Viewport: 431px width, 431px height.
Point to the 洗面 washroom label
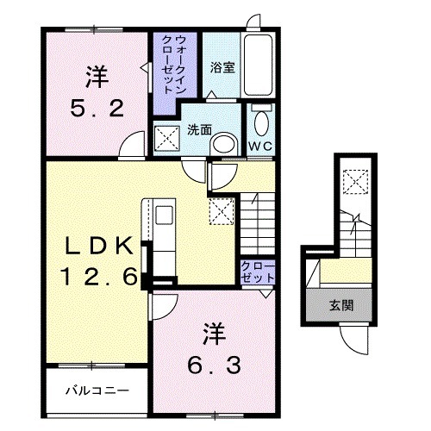point(199,129)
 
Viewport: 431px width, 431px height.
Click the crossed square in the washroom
point(165,136)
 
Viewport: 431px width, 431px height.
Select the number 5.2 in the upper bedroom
point(97,109)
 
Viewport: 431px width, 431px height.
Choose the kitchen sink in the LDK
point(164,215)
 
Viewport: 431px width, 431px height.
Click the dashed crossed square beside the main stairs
point(221,209)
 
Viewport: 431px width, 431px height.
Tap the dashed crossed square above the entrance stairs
point(353,181)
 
